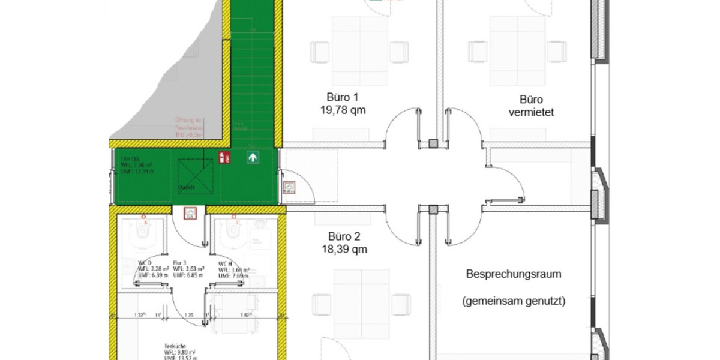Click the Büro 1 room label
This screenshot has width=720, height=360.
(x=343, y=97)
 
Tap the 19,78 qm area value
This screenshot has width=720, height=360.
(x=343, y=110)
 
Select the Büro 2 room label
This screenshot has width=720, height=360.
(x=343, y=236)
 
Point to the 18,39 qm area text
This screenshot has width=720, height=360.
(x=343, y=248)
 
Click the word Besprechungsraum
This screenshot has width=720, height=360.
(x=514, y=274)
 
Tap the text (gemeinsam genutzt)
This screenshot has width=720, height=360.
(x=514, y=302)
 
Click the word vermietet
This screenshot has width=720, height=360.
(x=531, y=112)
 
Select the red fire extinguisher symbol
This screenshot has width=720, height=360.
(x=223, y=158)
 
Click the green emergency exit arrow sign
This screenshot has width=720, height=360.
(x=253, y=158)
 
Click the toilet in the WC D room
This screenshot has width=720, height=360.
(x=144, y=234)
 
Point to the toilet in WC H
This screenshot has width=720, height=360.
(x=232, y=235)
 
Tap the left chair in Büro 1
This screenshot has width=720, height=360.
(x=319, y=52)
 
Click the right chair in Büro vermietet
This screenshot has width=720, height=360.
(x=556, y=52)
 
